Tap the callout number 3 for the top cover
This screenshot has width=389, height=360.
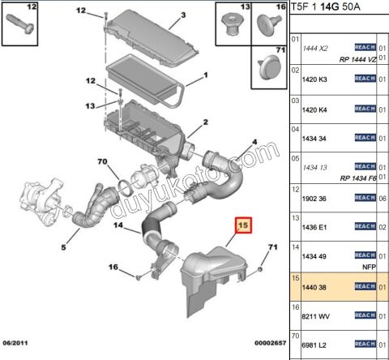point(183,15)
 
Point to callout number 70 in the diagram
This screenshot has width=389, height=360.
point(102,162)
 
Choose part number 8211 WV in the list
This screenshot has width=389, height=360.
point(317,316)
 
